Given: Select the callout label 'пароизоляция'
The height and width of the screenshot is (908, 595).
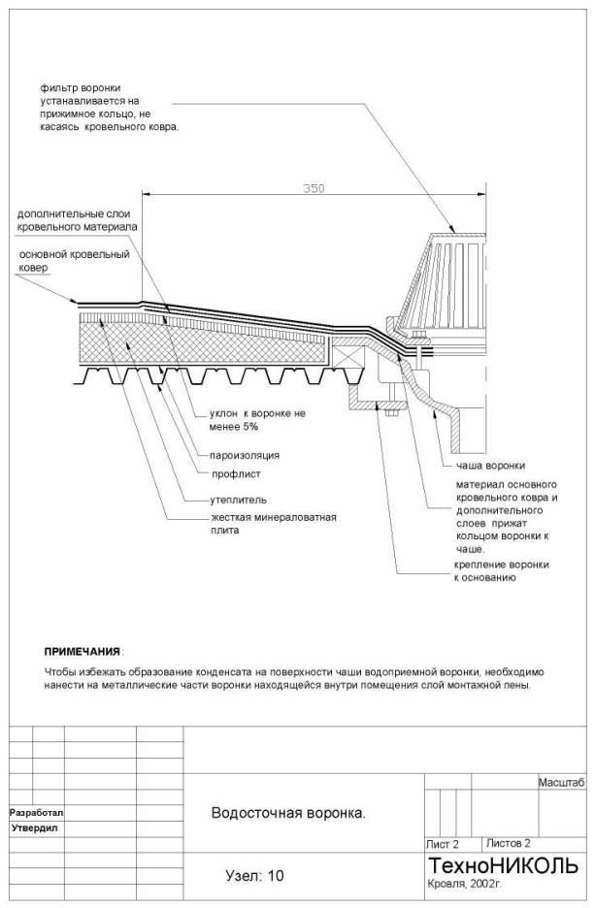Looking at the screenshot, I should click(x=245, y=454).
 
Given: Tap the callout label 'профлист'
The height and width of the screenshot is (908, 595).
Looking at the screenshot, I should click(x=236, y=474).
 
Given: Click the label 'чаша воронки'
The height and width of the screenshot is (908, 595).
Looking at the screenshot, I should click(x=490, y=465).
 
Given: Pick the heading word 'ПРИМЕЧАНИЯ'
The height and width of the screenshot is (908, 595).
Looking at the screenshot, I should click(x=83, y=650).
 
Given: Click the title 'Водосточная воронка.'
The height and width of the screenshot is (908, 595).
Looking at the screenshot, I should click(x=288, y=813).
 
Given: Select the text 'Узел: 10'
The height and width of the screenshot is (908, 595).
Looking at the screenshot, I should click(x=254, y=876).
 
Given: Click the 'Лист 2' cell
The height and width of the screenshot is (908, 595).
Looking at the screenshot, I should click(x=443, y=844).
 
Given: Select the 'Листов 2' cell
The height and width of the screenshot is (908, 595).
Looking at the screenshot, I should click(x=509, y=843).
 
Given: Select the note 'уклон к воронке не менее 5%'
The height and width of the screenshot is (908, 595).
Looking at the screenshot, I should click(x=249, y=419).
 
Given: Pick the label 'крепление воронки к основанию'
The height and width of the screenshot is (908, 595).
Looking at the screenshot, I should click(x=502, y=570).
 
